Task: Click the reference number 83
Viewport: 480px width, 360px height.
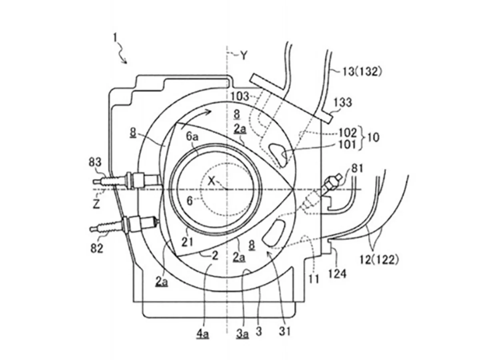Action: click(x=95, y=162)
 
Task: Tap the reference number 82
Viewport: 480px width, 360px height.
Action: click(x=97, y=248)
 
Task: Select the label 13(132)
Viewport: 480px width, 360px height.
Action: click(x=362, y=72)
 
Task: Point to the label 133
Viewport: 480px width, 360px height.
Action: click(x=343, y=102)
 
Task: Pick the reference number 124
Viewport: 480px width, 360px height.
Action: click(x=338, y=274)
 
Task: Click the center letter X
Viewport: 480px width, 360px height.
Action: click(x=212, y=181)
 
